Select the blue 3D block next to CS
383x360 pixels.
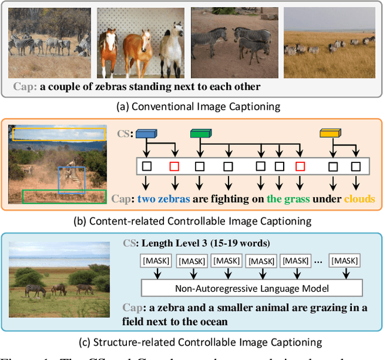click(147, 134)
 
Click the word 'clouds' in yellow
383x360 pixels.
click(358, 199)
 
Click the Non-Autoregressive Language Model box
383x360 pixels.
click(251, 288)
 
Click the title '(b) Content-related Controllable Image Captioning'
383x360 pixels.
click(191, 221)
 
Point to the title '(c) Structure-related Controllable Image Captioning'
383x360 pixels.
click(191, 342)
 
